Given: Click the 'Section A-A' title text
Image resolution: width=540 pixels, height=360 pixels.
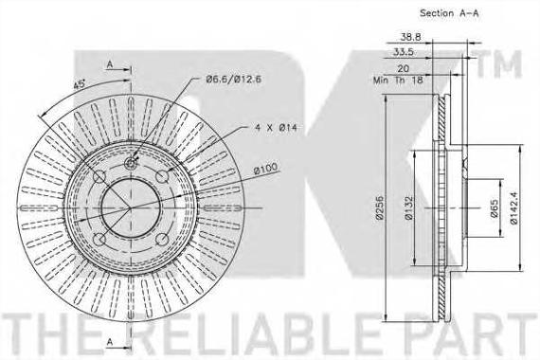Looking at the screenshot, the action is (449, 13).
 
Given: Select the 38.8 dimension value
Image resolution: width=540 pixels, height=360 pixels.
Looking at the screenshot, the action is (410, 37).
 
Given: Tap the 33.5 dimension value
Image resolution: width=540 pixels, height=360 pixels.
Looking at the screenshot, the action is (404, 52).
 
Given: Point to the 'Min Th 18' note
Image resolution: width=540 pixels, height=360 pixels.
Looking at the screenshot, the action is (398, 80).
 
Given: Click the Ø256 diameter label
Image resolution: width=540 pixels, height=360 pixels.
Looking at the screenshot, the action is (379, 207).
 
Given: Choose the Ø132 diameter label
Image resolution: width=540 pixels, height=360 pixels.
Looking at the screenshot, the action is (408, 207).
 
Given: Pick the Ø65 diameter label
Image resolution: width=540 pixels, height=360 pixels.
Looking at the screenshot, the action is (494, 208).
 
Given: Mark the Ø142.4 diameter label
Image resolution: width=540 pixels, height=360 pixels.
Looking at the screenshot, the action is (513, 207).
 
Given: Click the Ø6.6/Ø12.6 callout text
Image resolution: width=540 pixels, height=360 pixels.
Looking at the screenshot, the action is (233, 80).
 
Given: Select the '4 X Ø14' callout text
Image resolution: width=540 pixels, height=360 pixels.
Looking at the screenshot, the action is (276, 128).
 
